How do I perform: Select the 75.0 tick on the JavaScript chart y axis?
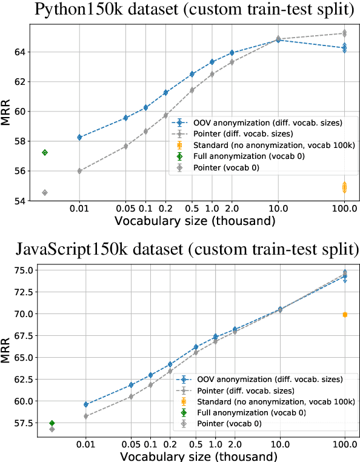tap(18, 270)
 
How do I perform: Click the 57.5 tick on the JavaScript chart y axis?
tap(18, 423)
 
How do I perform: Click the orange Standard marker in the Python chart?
tap(344, 188)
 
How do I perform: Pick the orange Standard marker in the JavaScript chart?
tap(345, 314)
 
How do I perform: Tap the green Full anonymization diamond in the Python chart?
tap(45, 152)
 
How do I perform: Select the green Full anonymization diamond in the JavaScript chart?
tap(52, 423)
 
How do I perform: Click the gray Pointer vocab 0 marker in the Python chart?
tap(45, 192)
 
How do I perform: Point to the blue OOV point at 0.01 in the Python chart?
tap(79, 137)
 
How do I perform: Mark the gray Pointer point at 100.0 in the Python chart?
tap(344, 33)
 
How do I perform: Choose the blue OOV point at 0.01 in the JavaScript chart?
tap(86, 404)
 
